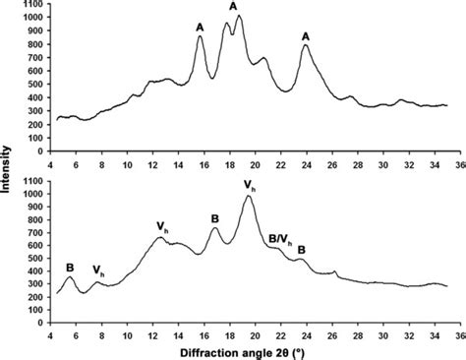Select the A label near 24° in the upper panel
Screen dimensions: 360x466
307,36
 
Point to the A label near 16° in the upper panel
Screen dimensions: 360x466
200,27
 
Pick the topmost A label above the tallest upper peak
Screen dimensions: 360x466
233,7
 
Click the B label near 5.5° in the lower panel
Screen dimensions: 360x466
70,267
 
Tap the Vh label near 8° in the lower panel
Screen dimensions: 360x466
98,270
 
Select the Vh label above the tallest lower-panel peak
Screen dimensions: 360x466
250,184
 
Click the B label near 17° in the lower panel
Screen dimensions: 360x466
214,218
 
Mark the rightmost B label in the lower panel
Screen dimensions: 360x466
302,250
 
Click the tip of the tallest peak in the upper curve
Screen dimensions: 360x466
239,16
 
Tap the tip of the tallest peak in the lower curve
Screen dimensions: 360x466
249,196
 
